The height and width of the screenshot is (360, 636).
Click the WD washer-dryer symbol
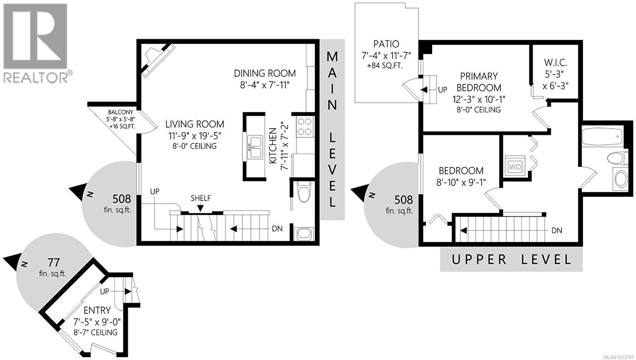(515, 167)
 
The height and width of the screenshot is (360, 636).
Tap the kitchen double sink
(255, 147)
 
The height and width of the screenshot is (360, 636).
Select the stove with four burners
(305, 126)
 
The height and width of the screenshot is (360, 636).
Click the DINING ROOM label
(265, 73)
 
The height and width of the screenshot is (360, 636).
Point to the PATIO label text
(386, 44)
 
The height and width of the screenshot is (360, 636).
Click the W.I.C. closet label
(555, 63)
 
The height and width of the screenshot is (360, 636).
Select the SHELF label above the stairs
(201, 198)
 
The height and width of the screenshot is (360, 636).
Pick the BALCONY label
(120, 113)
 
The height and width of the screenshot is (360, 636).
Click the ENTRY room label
(97, 310)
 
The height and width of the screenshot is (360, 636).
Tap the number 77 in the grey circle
(54, 263)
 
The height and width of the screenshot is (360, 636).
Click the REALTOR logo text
(36, 77)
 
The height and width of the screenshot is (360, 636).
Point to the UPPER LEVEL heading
(511, 260)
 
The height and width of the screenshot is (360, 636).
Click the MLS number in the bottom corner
(619, 357)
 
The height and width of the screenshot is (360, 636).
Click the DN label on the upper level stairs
(557, 230)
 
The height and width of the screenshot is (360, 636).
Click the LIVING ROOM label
(195, 124)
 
